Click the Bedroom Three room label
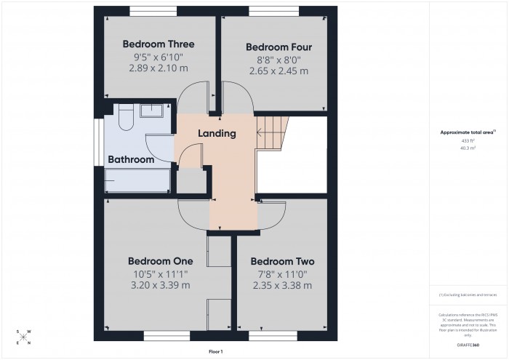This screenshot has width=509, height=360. coord(159,44)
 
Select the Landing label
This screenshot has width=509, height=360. coord(217,133)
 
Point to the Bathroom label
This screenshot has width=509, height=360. coord(131,159)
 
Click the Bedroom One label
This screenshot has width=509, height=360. coord(160,260)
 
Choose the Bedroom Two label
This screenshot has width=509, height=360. coord(281,260)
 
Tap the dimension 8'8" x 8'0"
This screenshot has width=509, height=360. coord(278,59)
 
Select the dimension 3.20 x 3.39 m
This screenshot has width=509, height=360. coord(160,285)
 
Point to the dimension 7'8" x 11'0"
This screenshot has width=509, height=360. coord(281,273)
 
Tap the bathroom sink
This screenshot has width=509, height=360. coord(151,110)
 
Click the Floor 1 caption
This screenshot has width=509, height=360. coord(215,351)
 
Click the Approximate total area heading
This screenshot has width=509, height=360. coord(467,132)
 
